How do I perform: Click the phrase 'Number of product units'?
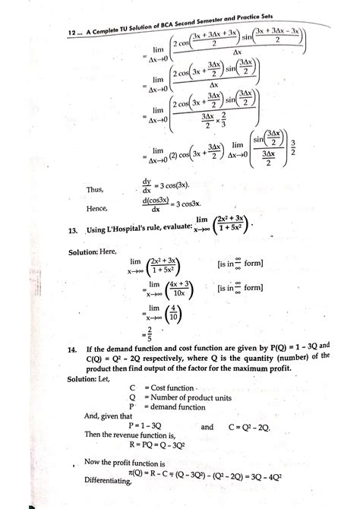click(x=195, y=399)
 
